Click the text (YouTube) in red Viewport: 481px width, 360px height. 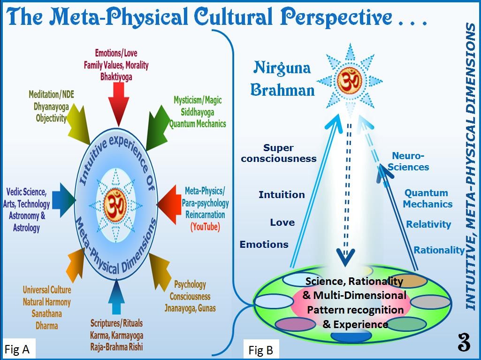(205, 227)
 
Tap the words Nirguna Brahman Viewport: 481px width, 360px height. (282, 78)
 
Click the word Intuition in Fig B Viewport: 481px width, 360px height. (282, 194)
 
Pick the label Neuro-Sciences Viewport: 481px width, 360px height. (409, 161)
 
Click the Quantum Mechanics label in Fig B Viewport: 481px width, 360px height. (427, 198)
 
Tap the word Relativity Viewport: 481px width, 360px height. (428, 224)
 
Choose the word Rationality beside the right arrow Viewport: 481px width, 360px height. (439, 250)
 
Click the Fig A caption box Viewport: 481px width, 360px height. (17, 349)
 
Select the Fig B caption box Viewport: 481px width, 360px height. (260, 350)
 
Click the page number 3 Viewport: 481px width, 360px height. (464, 343)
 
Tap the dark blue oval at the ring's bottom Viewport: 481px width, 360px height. (351, 336)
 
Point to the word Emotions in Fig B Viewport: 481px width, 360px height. (264, 245)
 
